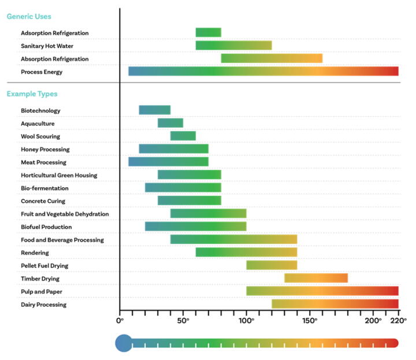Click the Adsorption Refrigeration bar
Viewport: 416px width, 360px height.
pyautogui.click(x=208, y=32)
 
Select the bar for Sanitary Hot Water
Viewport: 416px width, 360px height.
pyautogui.click(x=233, y=46)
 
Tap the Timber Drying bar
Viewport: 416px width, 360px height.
pyautogui.click(x=316, y=278)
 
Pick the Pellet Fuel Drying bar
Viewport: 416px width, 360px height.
pyautogui.click(x=272, y=265)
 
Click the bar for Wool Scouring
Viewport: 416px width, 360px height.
pyautogui.click(x=183, y=136)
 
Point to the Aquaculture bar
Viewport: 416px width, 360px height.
pyautogui.click(x=170, y=123)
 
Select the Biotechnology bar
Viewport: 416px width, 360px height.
pyautogui.click(x=155, y=110)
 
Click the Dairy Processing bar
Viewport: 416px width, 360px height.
pyautogui.click(x=335, y=304)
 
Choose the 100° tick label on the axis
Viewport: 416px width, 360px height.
pyautogui.click(x=247, y=320)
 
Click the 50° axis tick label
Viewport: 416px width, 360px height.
pyautogui.click(x=183, y=320)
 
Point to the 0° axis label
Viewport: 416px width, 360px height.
pyautogui.click(x=120, y=320)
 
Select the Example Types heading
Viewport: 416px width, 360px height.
pyautogui.click(x=32, y=94)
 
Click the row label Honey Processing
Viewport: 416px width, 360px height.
pyautogui.click(x=45, y=149)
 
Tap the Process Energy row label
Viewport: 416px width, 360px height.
pyautogui.click(x=42, y=72)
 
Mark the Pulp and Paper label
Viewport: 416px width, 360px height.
pyautogui.click(x=42, y=291)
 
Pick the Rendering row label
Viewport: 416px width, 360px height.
pyautogui.click(x=35, y=253)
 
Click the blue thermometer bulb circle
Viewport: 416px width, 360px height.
pyautogui.click(x=124, y=343)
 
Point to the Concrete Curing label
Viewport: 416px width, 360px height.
pyautogui.click(x=43, y=201)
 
